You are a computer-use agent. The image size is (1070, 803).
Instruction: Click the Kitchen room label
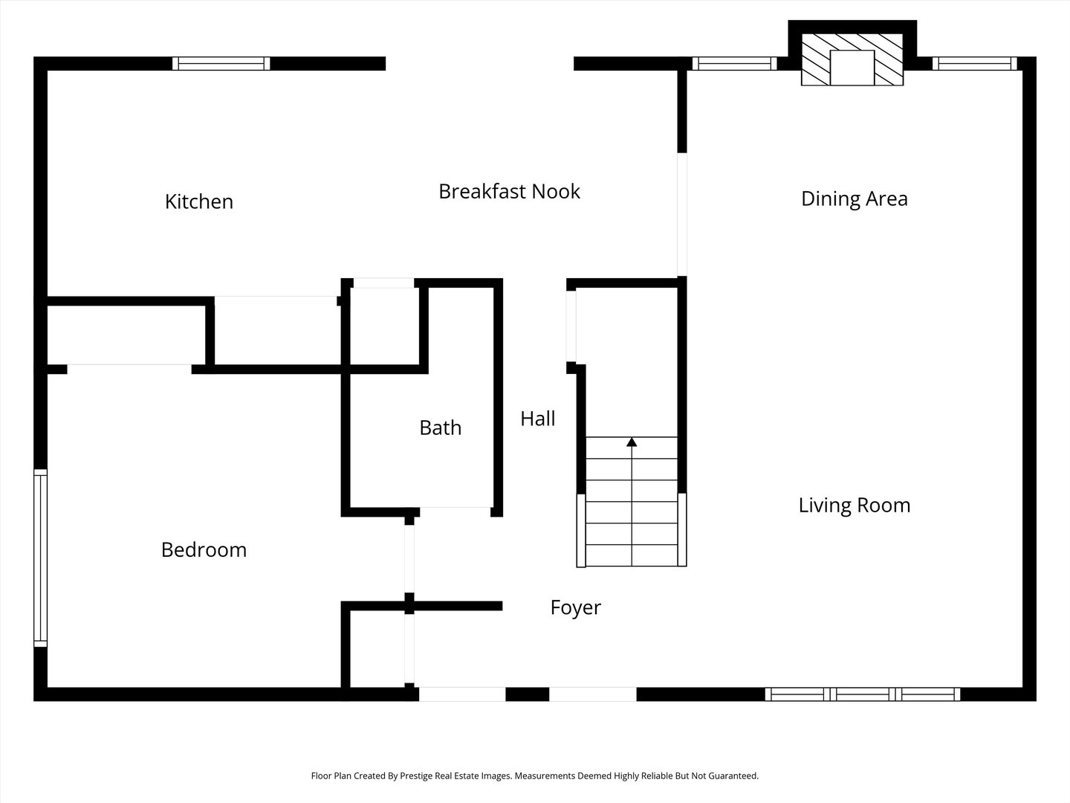tap(199, 201)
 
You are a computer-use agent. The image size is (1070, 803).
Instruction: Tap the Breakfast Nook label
tap(510, 191)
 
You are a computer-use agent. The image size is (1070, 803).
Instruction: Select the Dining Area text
tap(855, 199)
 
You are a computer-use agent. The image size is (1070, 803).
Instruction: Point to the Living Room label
tap(855, 506)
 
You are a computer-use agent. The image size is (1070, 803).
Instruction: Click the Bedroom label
tap(204, 550)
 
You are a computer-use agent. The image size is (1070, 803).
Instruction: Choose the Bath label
tap(440, 428)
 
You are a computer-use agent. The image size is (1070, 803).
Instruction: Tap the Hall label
tap(538, 419)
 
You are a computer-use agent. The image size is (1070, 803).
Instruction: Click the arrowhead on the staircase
tap(632, 442)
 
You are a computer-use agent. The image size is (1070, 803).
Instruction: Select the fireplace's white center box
tap(852, 68)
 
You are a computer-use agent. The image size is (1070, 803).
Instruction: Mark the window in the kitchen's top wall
tap(221, 64)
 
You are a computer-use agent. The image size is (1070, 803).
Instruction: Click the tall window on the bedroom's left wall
tap(40, 558)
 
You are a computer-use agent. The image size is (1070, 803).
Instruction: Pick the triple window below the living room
tap(863, 694)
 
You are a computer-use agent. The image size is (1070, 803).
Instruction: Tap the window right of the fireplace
tap(975, 64)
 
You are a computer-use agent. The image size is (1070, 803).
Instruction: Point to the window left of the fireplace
tap(734, 64)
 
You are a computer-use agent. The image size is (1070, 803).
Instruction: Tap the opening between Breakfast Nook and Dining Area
tap(682, 215)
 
